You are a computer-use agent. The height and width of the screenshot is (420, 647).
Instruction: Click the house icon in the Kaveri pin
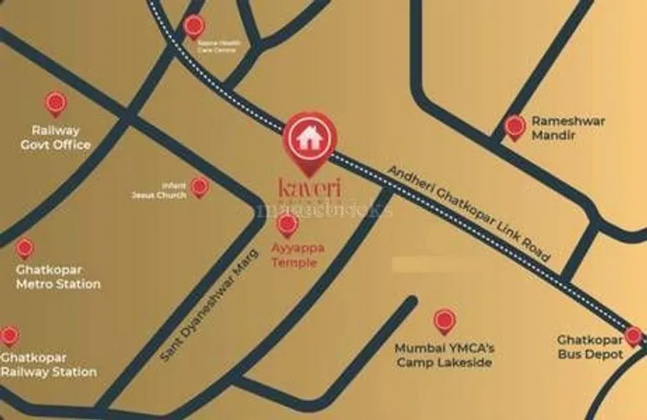(310, 139)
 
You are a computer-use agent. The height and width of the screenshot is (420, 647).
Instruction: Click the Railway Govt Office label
(55, 138)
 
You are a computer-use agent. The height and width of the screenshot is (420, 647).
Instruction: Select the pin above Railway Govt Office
(55, 104)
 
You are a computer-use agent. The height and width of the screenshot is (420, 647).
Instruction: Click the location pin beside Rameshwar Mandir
(515, 127)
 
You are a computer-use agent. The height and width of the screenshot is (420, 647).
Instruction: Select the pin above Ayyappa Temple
(287, 224)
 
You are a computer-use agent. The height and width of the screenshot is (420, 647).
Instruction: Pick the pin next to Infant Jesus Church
(200, 187)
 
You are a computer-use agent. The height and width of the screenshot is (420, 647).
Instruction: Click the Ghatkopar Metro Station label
(58, 277)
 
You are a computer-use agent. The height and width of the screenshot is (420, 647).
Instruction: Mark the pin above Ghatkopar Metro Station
(25, 248)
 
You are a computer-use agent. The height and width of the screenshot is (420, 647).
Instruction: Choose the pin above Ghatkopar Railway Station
(9, 336)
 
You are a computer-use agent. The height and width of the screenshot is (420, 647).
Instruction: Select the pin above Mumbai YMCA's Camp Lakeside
(444, 320)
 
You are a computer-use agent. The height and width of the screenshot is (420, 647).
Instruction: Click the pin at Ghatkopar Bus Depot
(634, 336)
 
